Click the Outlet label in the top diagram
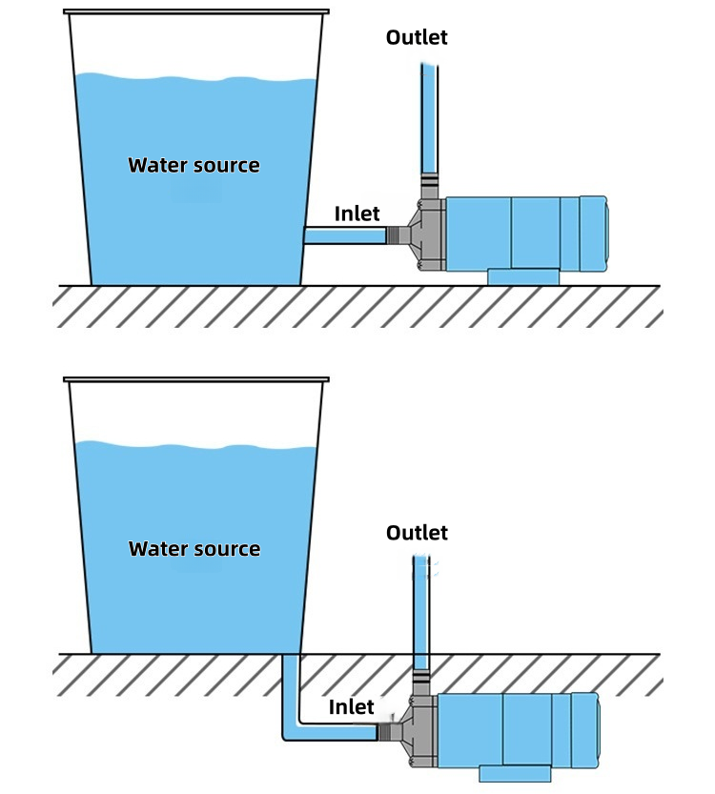417,37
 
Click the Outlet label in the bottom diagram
417,533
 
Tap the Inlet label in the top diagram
357,214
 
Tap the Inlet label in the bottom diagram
352,707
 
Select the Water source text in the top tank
194,165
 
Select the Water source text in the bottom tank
194,548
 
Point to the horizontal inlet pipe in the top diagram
345,235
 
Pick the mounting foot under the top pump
523,277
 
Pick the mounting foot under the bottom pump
515,773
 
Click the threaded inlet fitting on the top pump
398,234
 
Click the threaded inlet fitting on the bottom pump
389,731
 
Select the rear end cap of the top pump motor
594,234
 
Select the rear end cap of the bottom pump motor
585,730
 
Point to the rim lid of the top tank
196,11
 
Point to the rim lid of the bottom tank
196,379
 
